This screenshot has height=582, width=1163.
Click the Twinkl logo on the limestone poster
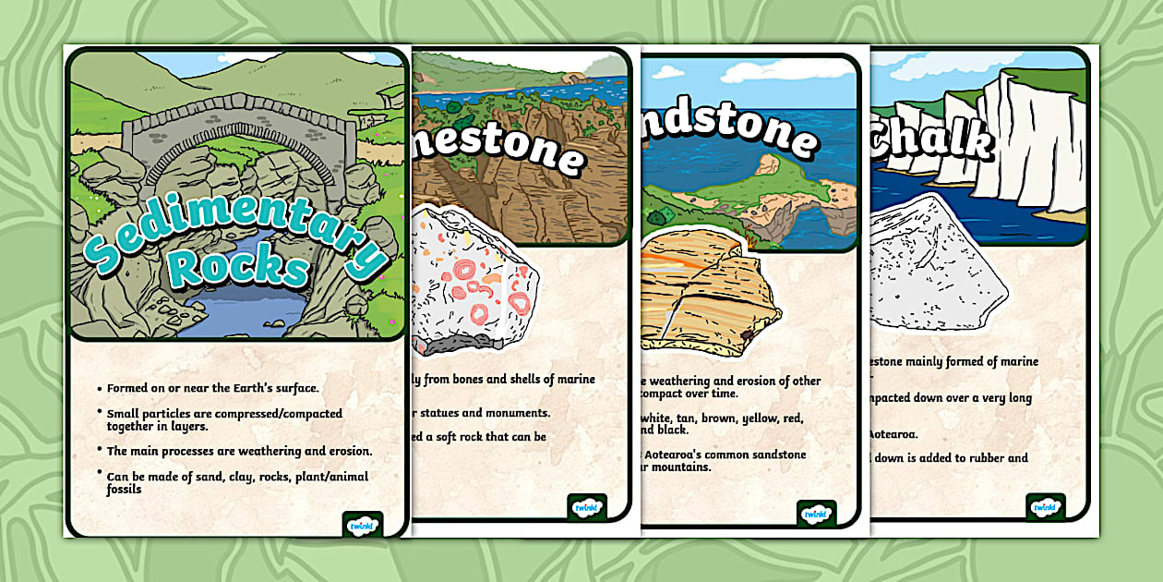(x=587, y=508)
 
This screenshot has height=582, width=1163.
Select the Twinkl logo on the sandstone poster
(x=816, y=515)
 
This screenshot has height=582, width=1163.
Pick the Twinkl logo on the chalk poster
(x=1046, y=507)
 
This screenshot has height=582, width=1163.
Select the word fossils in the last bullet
(x=124, y=489)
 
